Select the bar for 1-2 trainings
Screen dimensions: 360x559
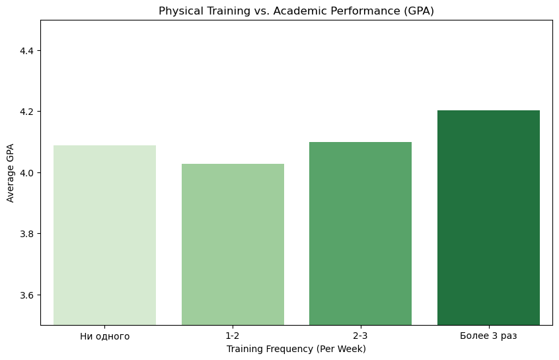tap(233, 244)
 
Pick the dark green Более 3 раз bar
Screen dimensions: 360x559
tap(488, 217)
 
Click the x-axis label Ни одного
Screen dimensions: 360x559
tap(104, 336)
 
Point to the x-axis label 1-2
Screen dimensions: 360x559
tap(233, 336)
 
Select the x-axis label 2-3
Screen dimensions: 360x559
tap(360, 336)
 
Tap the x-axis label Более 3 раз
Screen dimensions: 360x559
tap(488, 336)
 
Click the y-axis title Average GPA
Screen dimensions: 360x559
tap(10, 173)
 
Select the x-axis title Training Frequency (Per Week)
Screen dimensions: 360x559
tap(296, 349)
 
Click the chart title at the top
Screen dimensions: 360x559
tap(296, 11)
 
